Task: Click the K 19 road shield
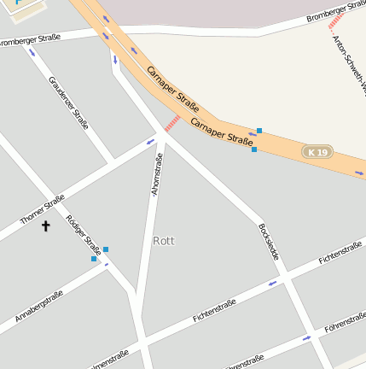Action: (317, 151)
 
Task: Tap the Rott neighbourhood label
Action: (163, 241)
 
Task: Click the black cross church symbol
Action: (46, 226)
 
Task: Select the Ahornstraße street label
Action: (156, 175)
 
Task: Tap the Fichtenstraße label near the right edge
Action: (340, 254)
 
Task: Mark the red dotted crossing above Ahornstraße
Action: (172, 124)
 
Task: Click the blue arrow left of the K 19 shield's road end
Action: (252, 135)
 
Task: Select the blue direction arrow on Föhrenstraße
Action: (306, 339)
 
